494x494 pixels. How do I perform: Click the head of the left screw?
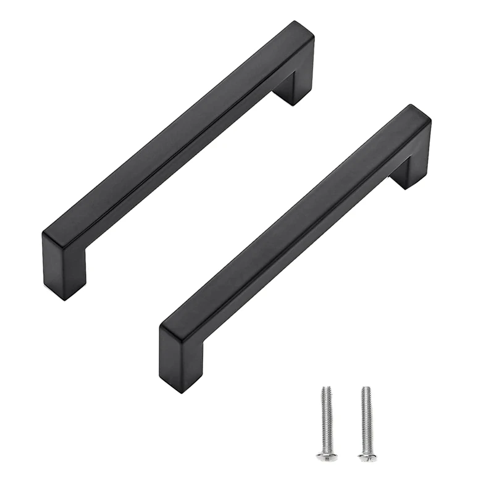(326, 456)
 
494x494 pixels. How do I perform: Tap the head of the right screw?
(367, 456)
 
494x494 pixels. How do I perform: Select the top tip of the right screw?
(366, 388)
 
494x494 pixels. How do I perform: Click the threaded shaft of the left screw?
(327, 420)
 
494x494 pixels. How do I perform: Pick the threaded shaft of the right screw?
(366, 420)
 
